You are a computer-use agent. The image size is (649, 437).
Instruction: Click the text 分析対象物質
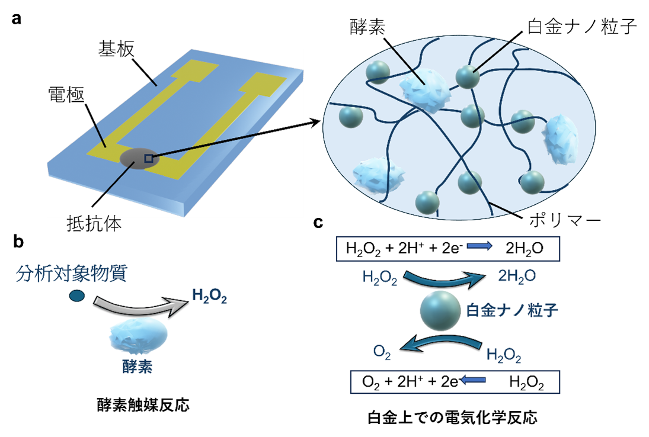point(71,274)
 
